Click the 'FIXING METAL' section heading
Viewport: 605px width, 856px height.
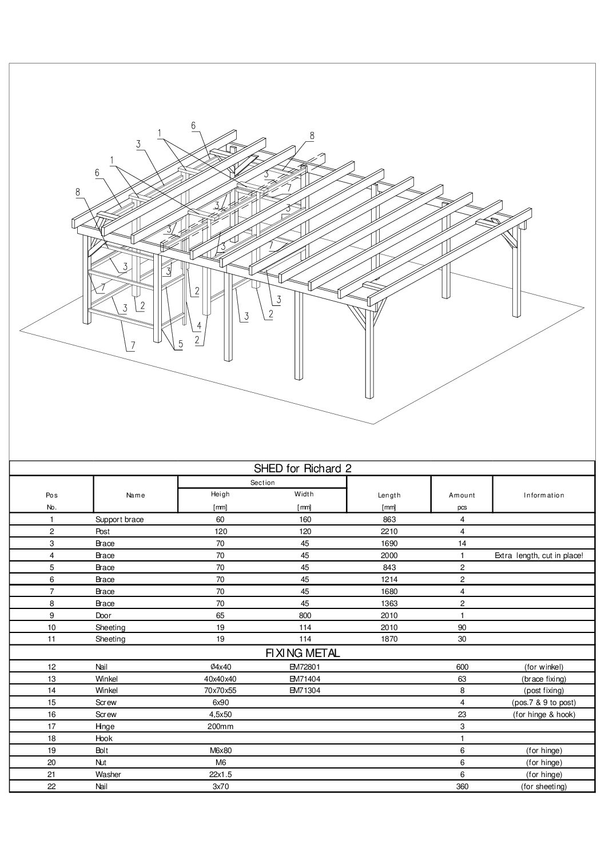click(302, 652)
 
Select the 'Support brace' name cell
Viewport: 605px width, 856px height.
click(120, 520)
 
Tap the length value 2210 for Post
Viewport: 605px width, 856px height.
click(389, 532)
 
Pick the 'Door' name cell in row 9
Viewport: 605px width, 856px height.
click(104, 616)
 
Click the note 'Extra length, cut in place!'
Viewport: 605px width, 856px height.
click(539, 555)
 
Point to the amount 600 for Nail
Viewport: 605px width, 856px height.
click(462, 667)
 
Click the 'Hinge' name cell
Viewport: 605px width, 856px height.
click(105, 726)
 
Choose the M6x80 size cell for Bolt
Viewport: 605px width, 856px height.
click(220, 750)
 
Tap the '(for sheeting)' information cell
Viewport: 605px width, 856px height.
click(543, 786)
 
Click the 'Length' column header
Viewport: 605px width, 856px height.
click(389, 495)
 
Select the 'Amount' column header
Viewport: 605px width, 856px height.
click(462, 495)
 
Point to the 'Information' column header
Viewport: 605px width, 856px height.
click(543, 495)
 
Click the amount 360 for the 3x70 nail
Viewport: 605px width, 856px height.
click(462, 786)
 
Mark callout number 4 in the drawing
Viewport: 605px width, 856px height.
click(199, 326)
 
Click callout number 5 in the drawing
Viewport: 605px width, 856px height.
click(180, 344)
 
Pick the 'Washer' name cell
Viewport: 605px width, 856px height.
click(108, 774)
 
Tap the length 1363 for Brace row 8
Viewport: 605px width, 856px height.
click(389, 603)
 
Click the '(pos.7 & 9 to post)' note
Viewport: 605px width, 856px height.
click(543, 702)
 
